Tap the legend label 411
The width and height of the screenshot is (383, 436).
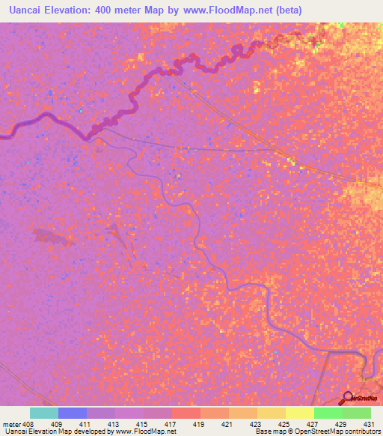tap(84, 423)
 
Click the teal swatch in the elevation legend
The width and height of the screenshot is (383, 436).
tap(43, 413)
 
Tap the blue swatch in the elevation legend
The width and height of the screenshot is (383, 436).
tap(72, 413)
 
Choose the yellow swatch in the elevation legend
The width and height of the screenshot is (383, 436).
tap(299, 413)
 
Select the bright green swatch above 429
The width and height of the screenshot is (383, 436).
tap(328, 413)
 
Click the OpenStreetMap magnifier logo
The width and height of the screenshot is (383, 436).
tap(349, 397)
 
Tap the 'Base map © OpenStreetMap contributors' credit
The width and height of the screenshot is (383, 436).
tap(316, 432)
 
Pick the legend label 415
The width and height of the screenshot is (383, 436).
tap(141, 423)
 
